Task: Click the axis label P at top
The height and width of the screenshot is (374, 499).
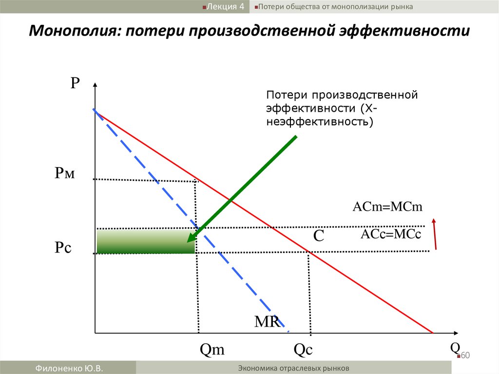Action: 75,82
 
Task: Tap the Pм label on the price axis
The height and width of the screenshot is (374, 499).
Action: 65,173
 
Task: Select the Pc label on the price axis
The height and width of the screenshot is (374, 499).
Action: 63,248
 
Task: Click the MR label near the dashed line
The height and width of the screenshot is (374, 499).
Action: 267,321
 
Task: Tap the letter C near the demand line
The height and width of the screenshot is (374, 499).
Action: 319,236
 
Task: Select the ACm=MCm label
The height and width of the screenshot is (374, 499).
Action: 387,207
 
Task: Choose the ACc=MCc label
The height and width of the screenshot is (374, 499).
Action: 390,234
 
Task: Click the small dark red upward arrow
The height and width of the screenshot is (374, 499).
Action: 434,235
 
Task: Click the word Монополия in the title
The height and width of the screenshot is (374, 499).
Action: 71,31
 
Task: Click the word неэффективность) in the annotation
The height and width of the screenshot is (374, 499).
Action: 319,120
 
